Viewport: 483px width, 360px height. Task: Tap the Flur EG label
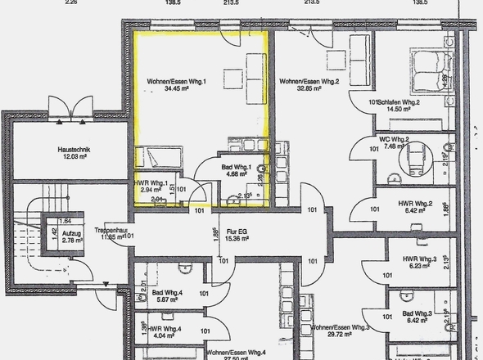pyautogui.click(x=237, y=232)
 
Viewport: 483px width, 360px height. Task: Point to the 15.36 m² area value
pyautogui.click(x=237, y=239)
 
